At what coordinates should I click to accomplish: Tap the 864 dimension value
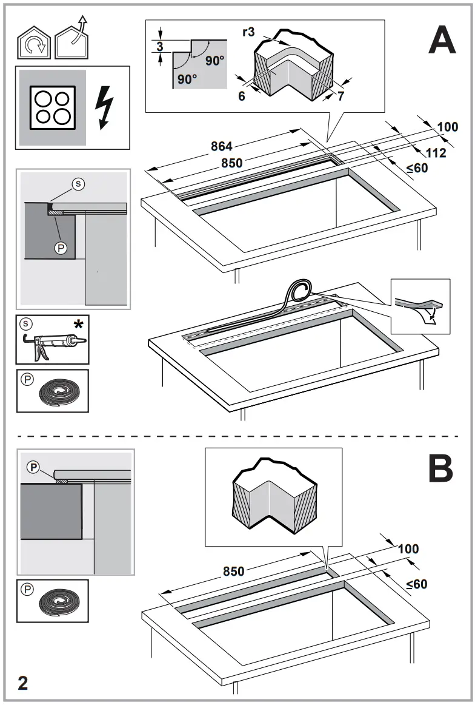pyautogui.click(x=222, y=146)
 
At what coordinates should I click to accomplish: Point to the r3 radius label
pyautogui.click(x=248, y=32)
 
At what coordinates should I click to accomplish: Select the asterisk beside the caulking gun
pyautogui.click(x=78, y=325)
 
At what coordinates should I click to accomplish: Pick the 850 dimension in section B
pyautogui.click(x=234, y=572)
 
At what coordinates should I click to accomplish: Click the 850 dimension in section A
pyautogui.click(x=231, y=163)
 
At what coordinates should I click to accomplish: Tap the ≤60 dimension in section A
pyautogui.click(x=417, y=168)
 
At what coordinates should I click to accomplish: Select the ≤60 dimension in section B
pyautogui.click(x=416, y=584)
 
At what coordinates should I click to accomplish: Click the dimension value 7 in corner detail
pyautogui.click(x=340, y=96)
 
